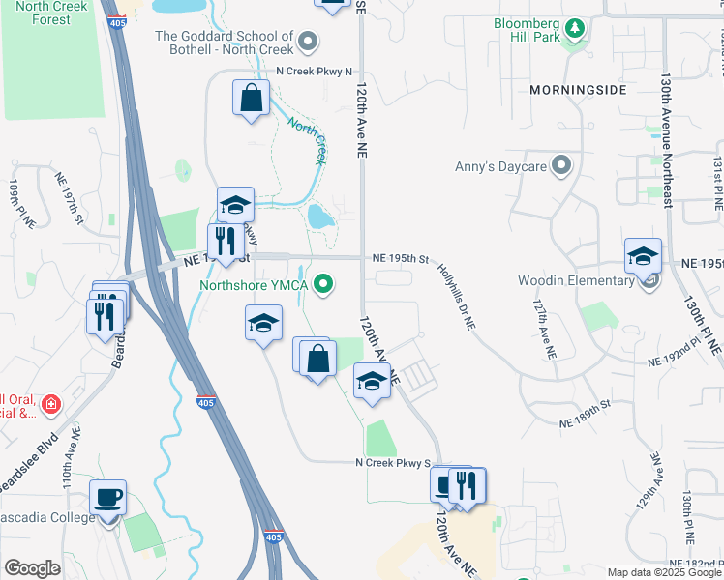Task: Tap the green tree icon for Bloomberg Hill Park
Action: [x=576, y=29]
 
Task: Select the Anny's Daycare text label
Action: [x=500, y=166]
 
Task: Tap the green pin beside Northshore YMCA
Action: [x=325, y=284]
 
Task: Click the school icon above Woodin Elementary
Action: [x=643, y=256]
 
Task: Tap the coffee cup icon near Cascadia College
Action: [x=107, y=498]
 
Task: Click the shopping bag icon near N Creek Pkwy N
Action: [x=251, y=99]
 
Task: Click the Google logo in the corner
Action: [x=32, y=568]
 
